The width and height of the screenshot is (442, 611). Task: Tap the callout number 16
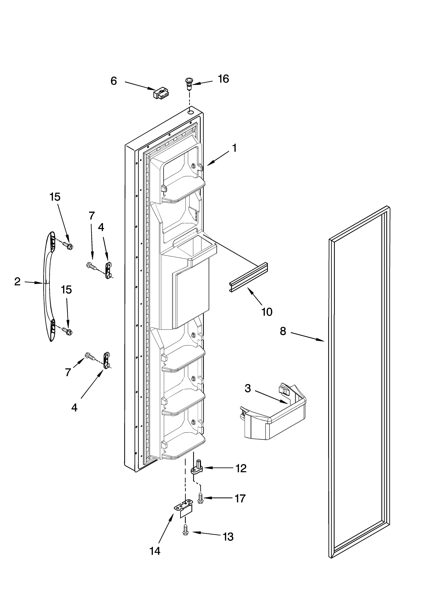(x=223, y=79)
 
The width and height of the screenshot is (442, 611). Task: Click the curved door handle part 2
(x=48, y=287)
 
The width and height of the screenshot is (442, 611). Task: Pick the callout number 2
(x=17, y=282)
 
